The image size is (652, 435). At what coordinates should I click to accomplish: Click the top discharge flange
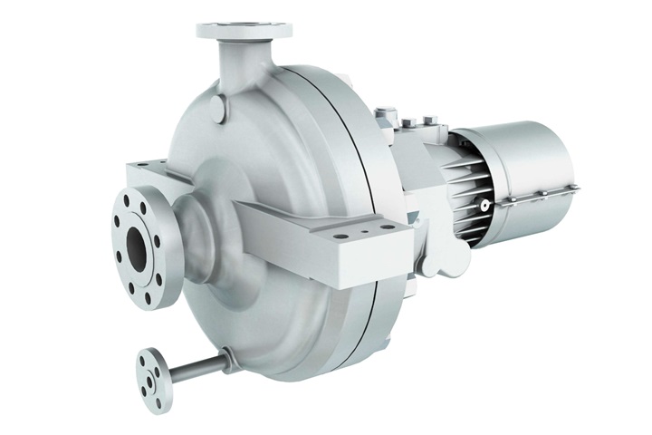tap(244, 30)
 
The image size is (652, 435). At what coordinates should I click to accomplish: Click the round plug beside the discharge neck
tap(216, 110)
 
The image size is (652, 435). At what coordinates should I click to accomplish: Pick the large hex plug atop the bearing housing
tap(386, 115)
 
